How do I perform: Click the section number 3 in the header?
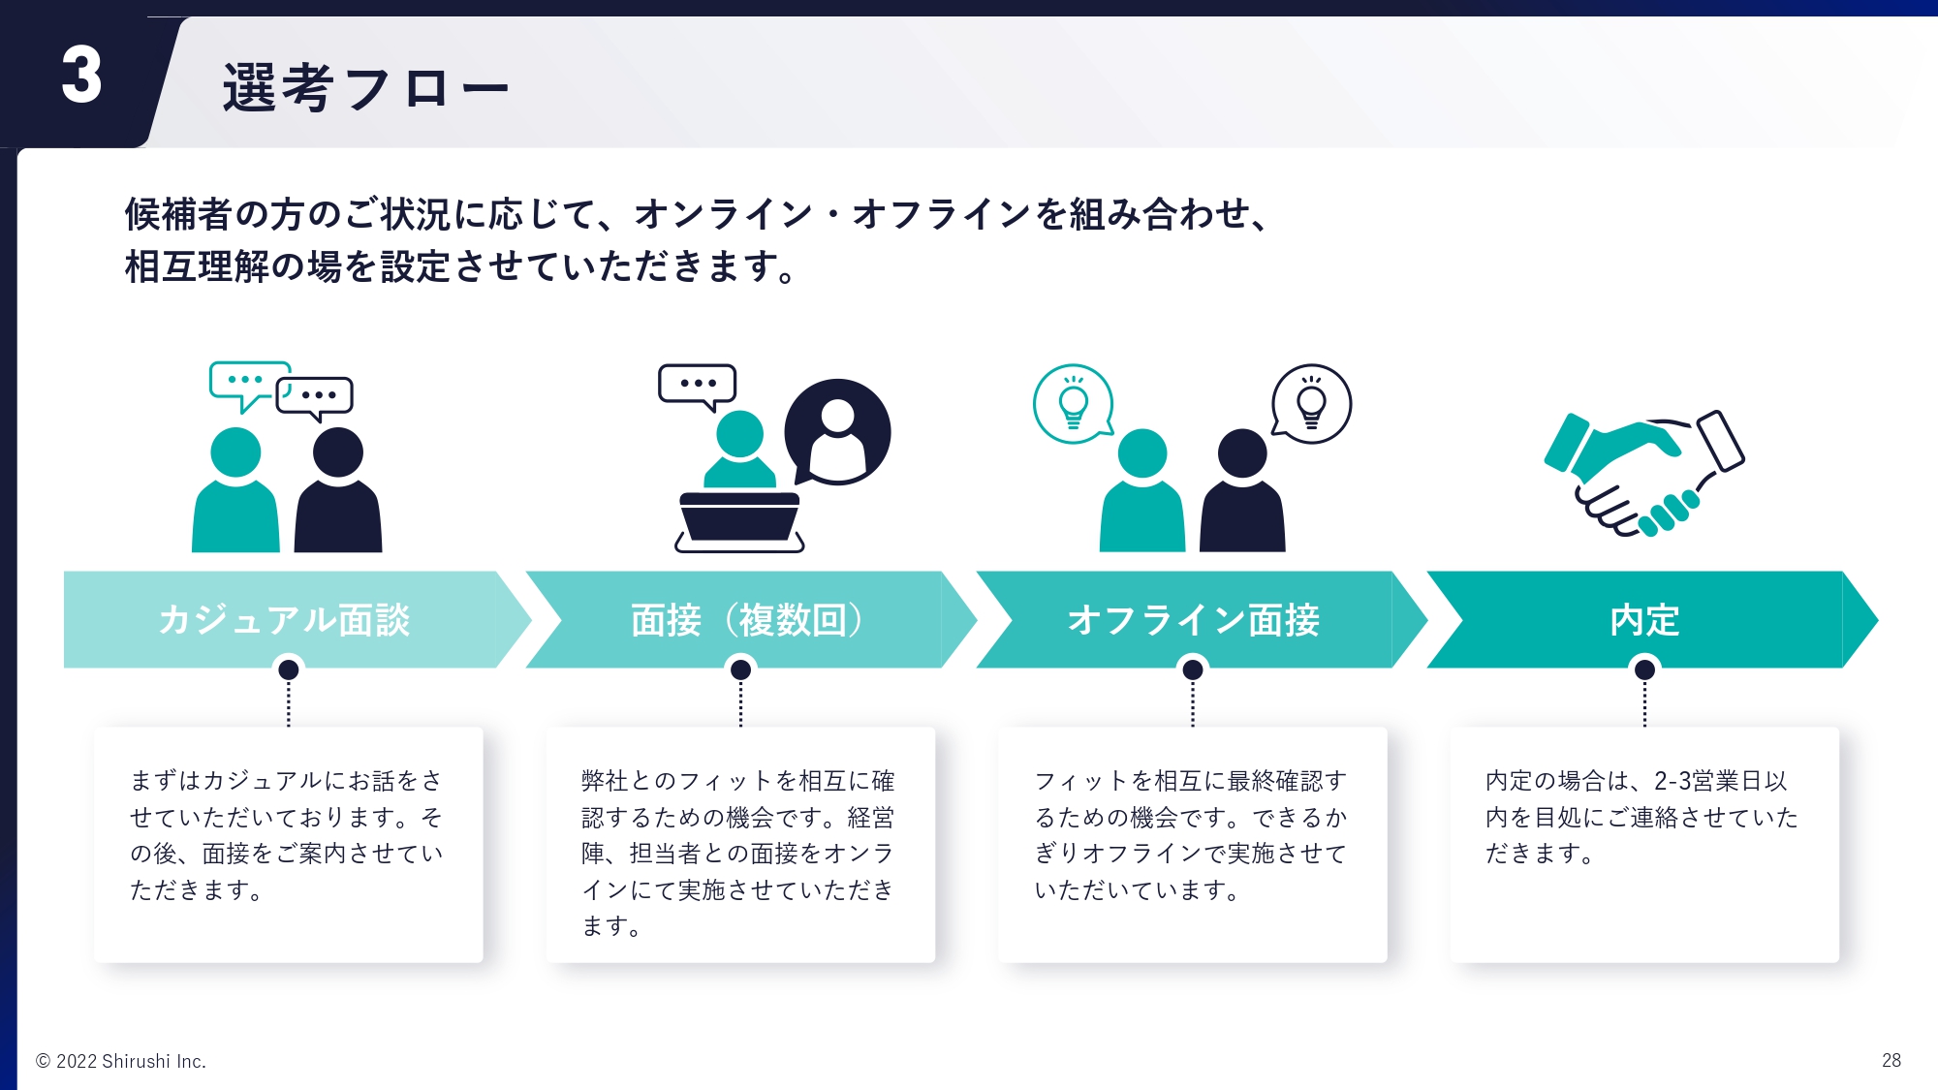coord(81,75)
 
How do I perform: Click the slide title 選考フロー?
coord(365,88)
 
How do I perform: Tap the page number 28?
coord(1891,1060)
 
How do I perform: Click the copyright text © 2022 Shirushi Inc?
coord(121,1061)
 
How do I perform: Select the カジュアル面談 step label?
coord(284,620)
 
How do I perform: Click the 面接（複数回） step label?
coord(747,620)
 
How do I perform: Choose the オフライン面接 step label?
coord(1194,620)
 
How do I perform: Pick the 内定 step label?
coord(1644,620)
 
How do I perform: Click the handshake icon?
coord(1644,473)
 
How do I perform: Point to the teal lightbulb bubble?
coord(1074,404)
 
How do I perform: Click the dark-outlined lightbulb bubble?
coord(1311,404)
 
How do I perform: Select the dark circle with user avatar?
coord(837,432)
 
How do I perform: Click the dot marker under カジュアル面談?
coord(288,670)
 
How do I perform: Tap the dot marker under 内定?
coord(1644,670)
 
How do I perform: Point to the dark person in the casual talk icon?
coord(338,490)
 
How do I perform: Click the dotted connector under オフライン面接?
coord(1193,703)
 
